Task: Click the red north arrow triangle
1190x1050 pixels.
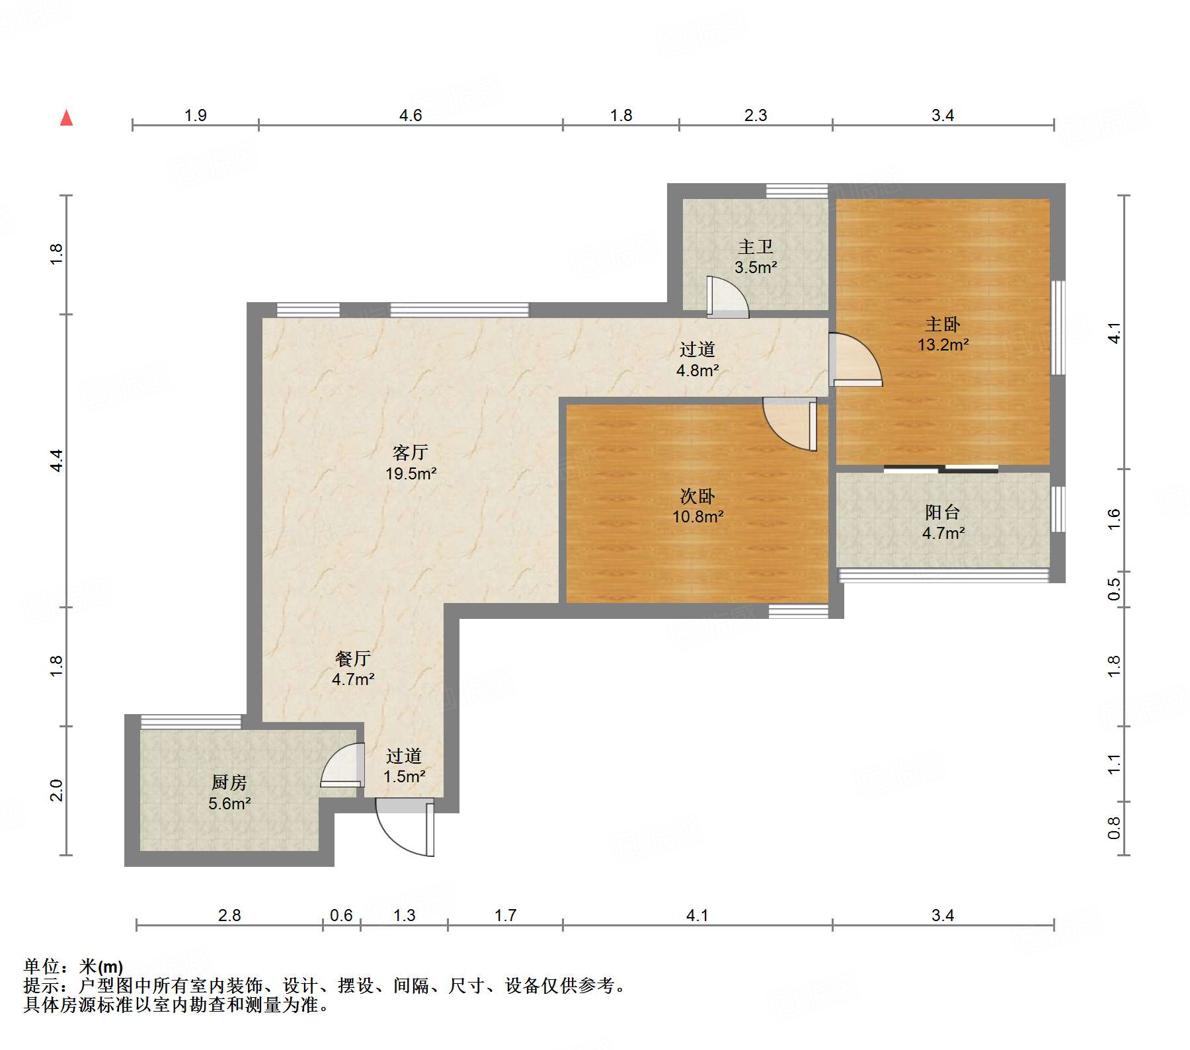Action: pos(66,118)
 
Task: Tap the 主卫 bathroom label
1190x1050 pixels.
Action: pos(756,247)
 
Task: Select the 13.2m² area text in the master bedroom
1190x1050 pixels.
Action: pos(943,344)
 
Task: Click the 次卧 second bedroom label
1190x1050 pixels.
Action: pos(697,496)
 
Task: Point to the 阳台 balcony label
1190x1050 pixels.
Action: pos(943,512)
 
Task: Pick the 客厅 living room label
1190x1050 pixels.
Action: pos(411,452)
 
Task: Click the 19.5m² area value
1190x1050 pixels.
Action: pos(411,473)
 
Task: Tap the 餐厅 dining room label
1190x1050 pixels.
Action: pos(353,658)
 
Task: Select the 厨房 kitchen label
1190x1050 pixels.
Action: pos(229,782)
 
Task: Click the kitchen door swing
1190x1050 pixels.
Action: pos(343,765)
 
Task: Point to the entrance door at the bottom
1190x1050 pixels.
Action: pos(405,827)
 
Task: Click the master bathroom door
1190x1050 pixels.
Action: pos(727,297)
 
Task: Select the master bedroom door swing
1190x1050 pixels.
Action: pos(855,359)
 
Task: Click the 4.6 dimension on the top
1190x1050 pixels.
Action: pos(411,115)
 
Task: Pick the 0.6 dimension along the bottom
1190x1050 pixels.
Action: pos(341,915)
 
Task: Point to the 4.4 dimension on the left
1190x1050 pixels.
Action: pos(57,460)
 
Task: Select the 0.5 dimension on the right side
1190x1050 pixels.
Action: pos(1114,589)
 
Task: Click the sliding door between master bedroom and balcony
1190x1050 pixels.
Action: pos(941,469)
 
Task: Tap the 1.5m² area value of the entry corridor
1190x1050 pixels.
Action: pos(405,776)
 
